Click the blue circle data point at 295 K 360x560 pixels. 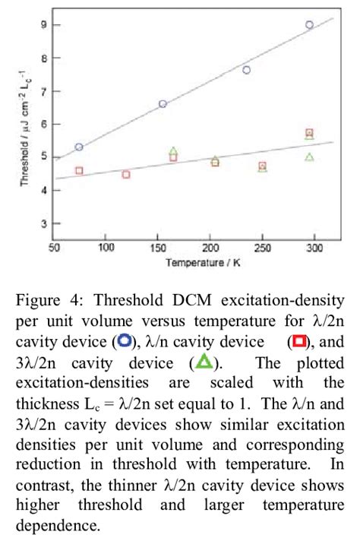309,24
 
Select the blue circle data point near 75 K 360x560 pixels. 79,147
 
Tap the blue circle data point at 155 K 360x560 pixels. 163,104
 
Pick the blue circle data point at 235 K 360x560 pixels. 246,70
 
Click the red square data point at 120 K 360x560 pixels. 126,174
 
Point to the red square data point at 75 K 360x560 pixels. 79,171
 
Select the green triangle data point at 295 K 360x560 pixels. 309,157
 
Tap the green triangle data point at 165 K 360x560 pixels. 173,151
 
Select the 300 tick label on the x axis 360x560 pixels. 314,248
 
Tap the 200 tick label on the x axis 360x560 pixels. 210,248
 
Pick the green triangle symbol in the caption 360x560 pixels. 205,360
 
